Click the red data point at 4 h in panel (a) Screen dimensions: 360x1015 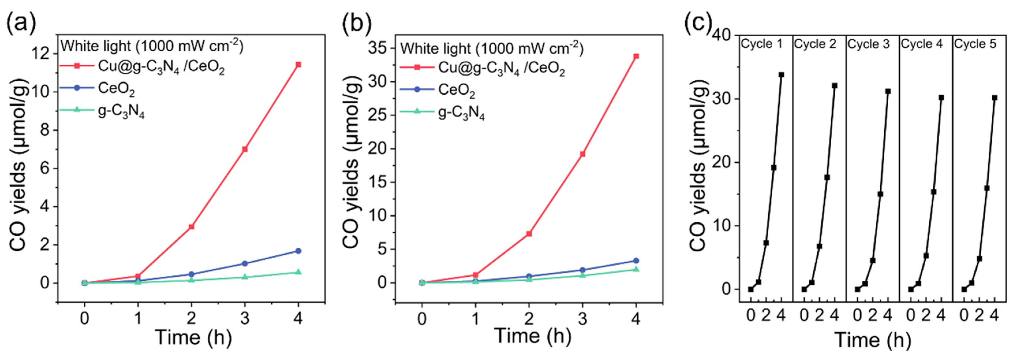tap(298, 65)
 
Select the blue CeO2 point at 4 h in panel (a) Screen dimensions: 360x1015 tap(298, 251)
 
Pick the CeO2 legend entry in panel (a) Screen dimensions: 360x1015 tap(116, 88)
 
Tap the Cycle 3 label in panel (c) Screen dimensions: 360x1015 tap(868, 44)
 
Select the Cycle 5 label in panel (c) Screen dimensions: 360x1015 tap(975, 44)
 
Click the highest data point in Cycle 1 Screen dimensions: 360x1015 tap(781, 74)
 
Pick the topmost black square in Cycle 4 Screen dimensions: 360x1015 tap(941, 98)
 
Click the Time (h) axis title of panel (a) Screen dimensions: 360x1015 tap(193, 337)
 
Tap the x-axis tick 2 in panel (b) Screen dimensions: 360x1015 tap(529, 318)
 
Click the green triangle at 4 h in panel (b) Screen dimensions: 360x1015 tap(636, 269)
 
